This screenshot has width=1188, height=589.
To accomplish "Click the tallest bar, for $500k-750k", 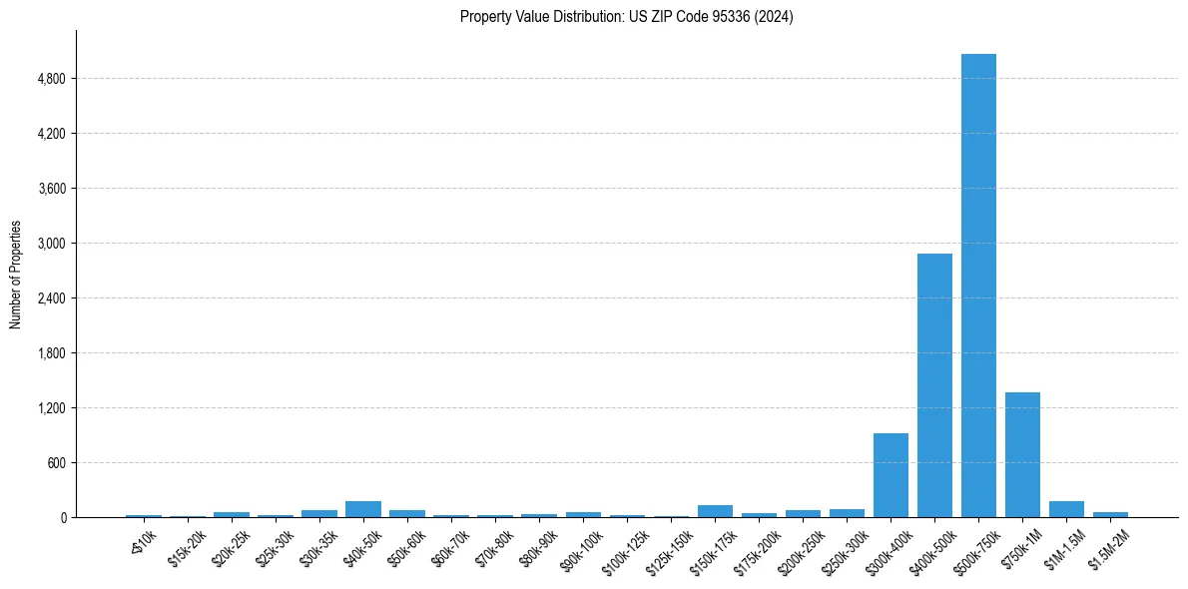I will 978,286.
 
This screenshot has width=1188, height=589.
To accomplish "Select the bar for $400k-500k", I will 934,385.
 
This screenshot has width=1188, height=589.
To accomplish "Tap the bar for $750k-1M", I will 1022,454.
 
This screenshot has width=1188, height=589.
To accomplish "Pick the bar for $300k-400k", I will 891,475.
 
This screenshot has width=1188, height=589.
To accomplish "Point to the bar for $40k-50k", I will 363,509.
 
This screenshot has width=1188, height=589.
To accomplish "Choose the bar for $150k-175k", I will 715,511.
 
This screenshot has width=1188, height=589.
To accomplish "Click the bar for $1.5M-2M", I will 1110,514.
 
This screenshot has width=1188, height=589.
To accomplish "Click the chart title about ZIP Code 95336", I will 626,17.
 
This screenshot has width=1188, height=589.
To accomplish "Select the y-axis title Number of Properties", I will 16,275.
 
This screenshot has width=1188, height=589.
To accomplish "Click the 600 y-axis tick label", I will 56,463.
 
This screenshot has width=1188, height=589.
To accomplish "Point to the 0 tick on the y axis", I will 62,518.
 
